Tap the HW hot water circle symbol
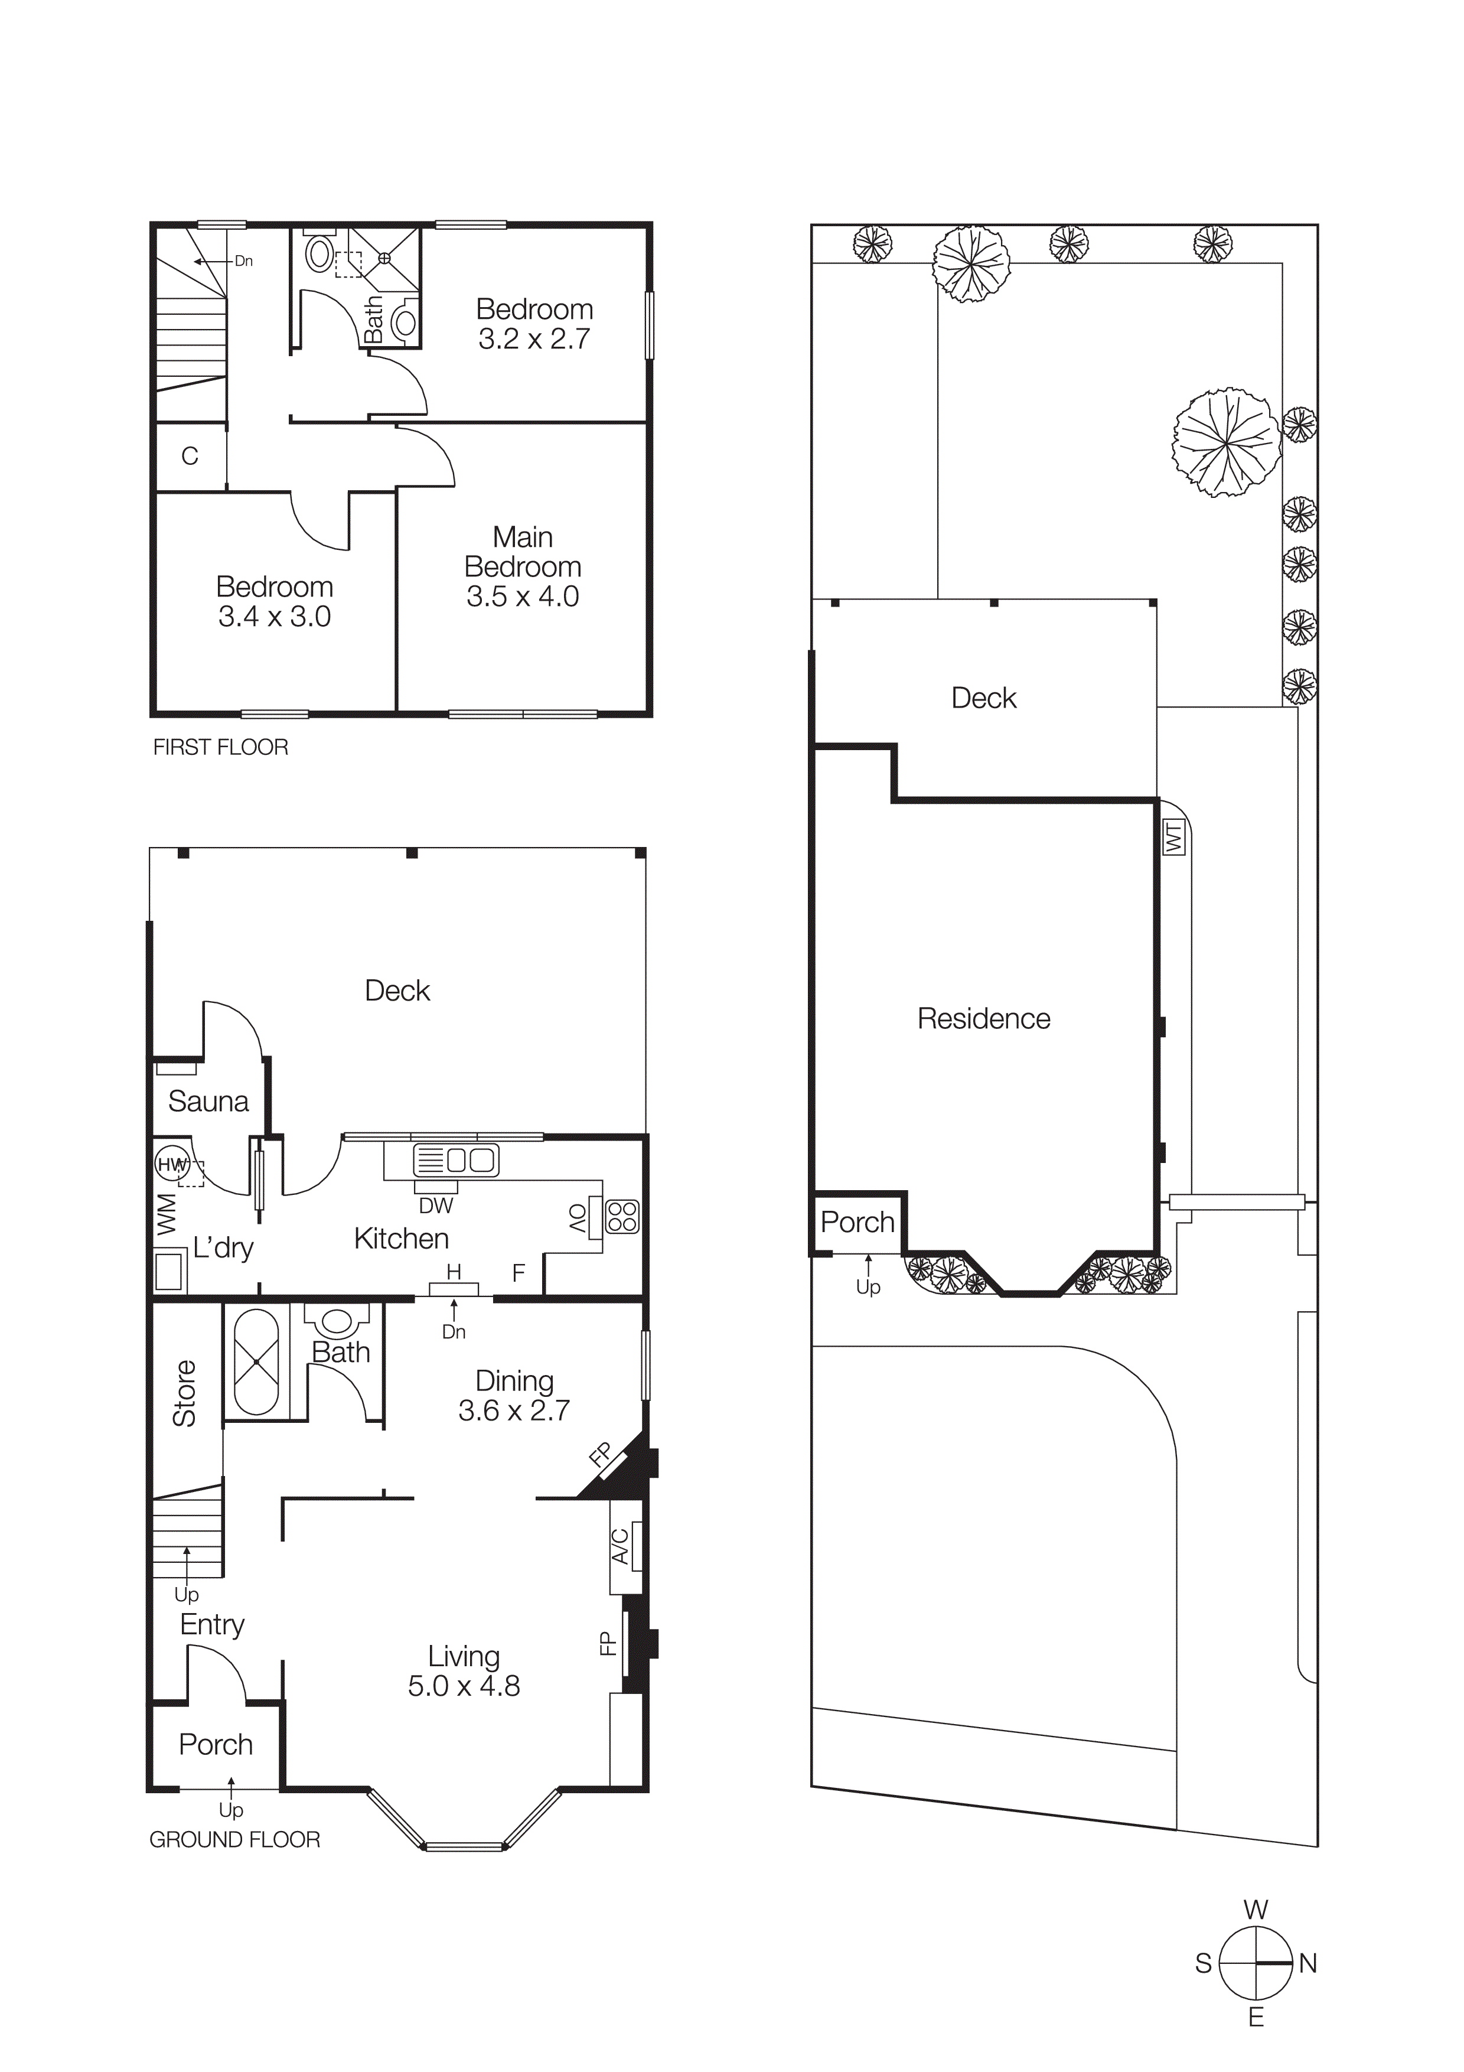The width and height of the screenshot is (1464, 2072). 171,1165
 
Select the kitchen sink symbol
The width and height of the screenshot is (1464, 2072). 455,1159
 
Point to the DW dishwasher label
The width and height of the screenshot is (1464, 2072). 436,1206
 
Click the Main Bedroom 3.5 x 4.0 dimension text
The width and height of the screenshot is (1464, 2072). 522,597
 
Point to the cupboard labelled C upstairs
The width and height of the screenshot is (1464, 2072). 190,457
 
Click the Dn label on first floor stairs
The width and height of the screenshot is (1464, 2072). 243,262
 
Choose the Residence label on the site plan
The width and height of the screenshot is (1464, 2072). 983,1019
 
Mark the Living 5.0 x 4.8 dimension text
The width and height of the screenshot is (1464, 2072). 464,1686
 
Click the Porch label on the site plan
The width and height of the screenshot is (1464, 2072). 857,1223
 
